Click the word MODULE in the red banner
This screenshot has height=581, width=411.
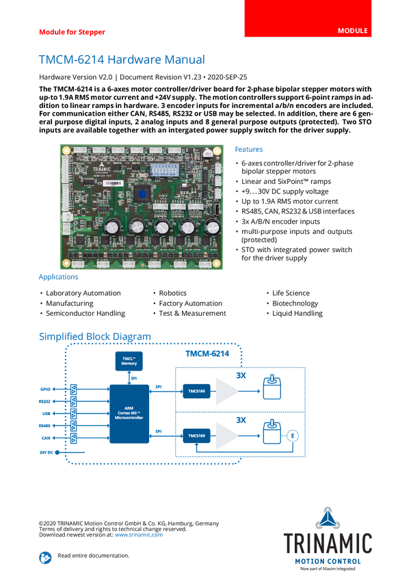(353, 31)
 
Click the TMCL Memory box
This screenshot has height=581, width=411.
(129, 361)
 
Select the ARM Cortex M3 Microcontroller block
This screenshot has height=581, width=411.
(129, 414)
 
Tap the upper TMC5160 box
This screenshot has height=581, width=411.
(197, 391)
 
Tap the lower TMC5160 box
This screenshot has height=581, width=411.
(197, 435)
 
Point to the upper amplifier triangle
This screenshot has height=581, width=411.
(226, 391)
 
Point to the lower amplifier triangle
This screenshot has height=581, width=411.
(226, 435)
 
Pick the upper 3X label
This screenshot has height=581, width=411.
(241, 375)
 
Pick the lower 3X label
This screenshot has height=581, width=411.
(241, 420)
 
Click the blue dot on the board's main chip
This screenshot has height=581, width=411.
(142, 194)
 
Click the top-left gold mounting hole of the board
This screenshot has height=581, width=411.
(66, 151)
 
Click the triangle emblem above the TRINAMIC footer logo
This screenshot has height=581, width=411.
(329, 518)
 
